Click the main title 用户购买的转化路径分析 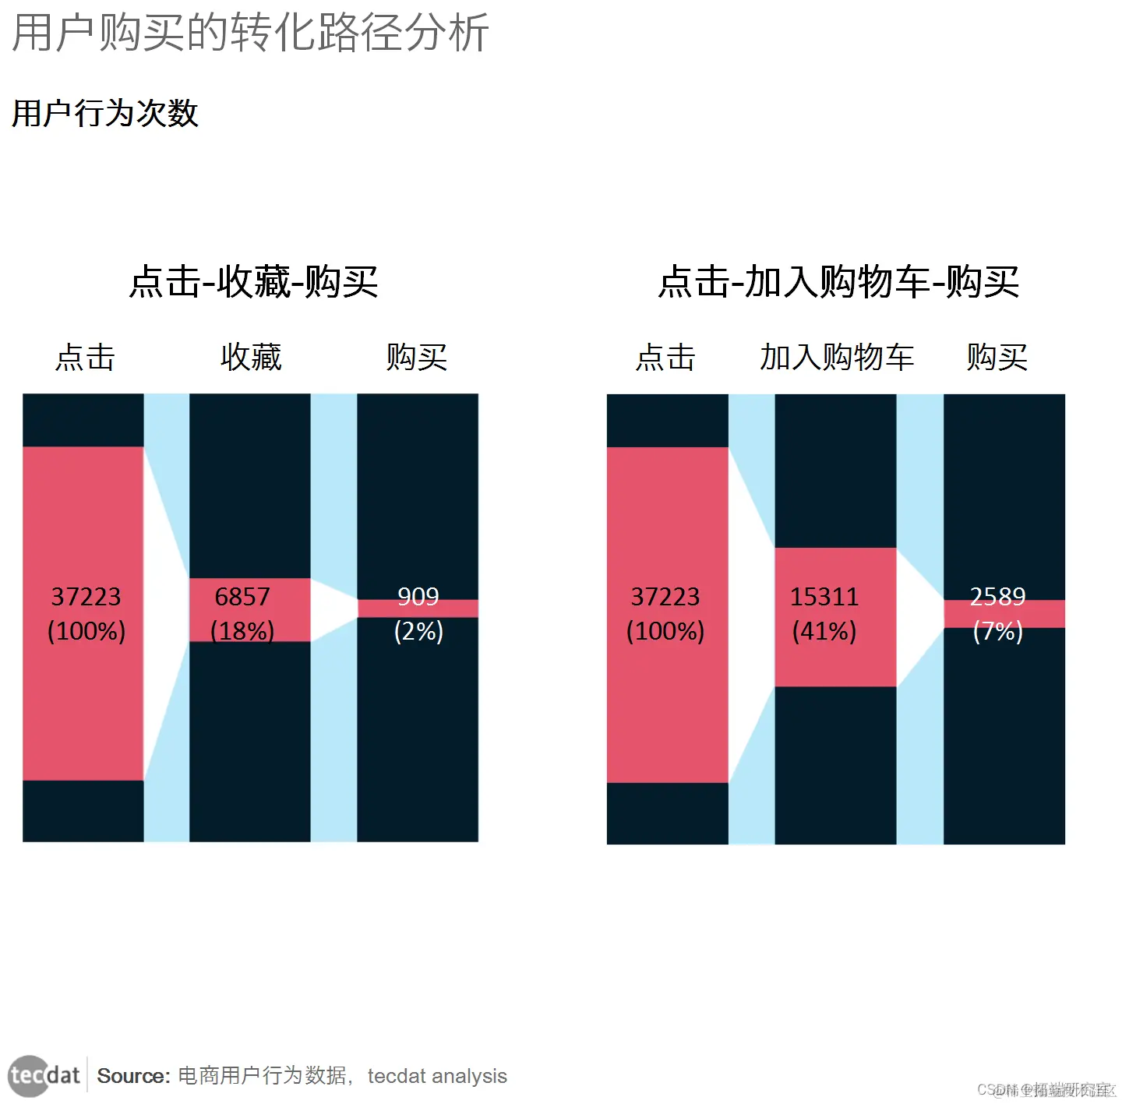(250, 33)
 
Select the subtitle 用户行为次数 (105, 114)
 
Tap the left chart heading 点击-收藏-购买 (253, 281)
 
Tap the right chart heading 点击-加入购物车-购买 (838, 281)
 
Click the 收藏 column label (251, 358)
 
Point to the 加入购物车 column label (837, 358)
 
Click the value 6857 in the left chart (242, 597)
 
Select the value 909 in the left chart (418, 596)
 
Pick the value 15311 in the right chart (824, 597)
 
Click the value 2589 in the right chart (997, 596)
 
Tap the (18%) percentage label (242, 630)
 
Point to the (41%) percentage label (824, 630)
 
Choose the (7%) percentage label (997, 630)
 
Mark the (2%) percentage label (418, 630)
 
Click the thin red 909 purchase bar (460, 608)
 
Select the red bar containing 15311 (835, 662)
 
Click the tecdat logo (44, 1076)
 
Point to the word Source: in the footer (133, 1076)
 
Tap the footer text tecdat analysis (437, 1076)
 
